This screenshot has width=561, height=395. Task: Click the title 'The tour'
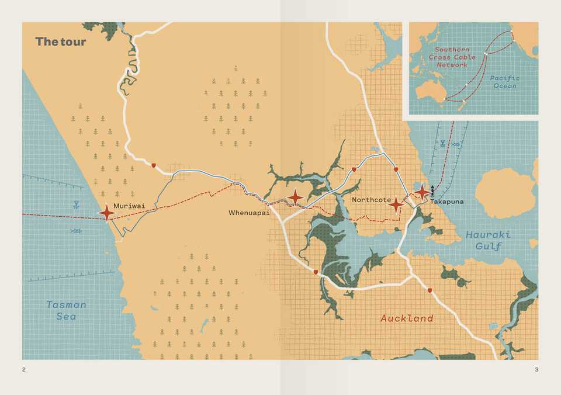[x=60, y=41]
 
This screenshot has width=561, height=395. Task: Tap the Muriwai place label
[x=129, y=206]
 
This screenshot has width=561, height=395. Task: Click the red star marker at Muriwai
[x=107, y=213]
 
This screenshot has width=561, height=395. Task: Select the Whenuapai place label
[x=249, y=213]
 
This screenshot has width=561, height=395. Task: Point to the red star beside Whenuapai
[x=296, y=197]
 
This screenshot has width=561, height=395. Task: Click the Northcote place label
[x=371, y=200]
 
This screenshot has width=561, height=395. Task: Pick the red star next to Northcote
[x=397, y=205]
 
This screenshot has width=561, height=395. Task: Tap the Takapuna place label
[x=447, y=202]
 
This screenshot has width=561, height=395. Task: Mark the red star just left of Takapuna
[x=421, y=192]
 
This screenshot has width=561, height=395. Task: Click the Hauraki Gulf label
[x=488, y=240]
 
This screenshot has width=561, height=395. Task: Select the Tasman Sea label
[x=67, y=310]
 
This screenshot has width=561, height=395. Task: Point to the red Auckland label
[x=407, y=318]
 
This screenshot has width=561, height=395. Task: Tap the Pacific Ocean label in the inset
[x=505, y=82]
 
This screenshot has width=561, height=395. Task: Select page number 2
[x=24, y=369]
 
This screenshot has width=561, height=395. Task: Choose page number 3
[x=536, y=369]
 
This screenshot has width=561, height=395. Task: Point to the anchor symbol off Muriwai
[x=75, y=205]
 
